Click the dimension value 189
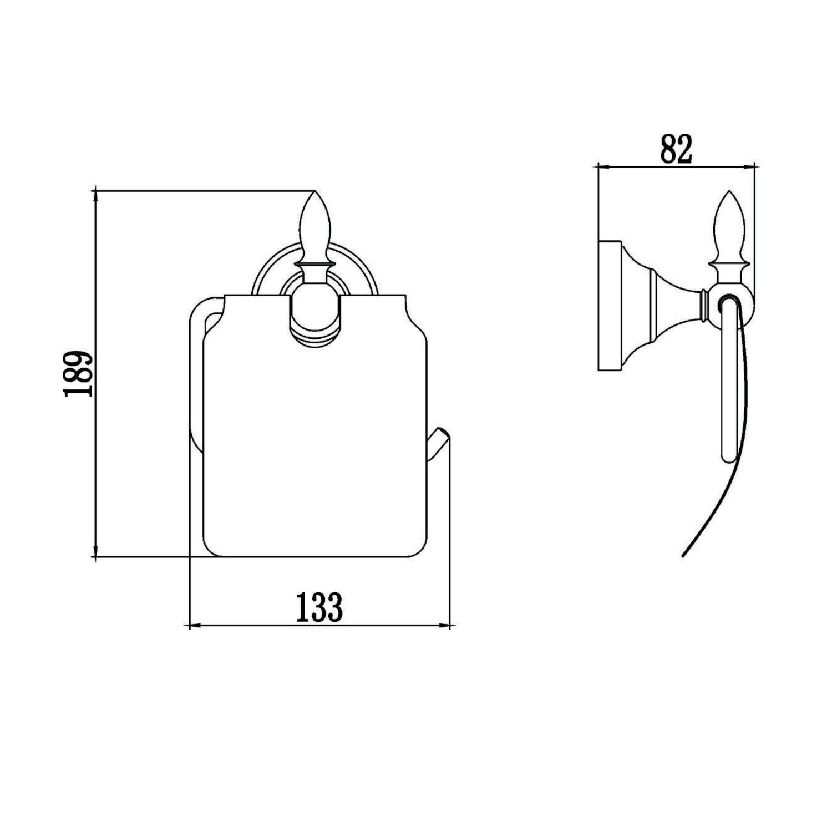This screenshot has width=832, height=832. click(x=77, y=373)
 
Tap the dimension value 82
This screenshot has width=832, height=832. click(x=677, y=149)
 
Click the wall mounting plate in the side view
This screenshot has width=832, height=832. click(x=610, y=306)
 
